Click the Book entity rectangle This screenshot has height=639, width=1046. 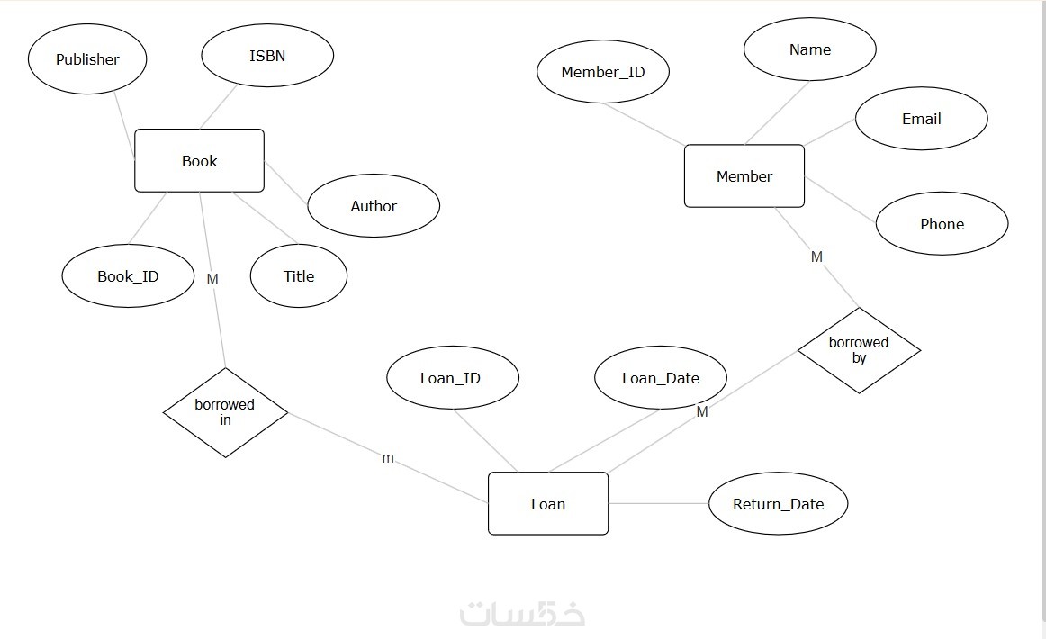(x=199, y=161)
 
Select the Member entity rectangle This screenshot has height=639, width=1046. (x=744, y=176)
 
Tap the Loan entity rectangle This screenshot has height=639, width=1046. (x=547, y=504)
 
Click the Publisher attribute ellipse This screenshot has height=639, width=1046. (x=87, y=59)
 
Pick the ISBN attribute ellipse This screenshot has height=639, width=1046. (x=267, y=56)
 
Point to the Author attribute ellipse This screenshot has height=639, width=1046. (x=374, y=206)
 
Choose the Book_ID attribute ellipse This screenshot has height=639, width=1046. (x=128, y=276)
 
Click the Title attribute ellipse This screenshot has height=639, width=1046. (x=299, y=276)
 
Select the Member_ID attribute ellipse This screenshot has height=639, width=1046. (x=603, y=72)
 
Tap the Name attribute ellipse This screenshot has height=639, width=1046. (x=810, y=49)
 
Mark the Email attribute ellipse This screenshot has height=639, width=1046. (x=922, y=119)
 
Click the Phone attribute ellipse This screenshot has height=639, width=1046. (x=942, y=224)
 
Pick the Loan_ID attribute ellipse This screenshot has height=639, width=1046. (x=453, y=378)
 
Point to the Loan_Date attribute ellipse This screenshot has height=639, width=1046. (x=661, y=378)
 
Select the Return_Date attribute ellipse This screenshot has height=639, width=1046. (x=779, y=504)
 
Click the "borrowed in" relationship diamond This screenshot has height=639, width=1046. (x=225, y=412)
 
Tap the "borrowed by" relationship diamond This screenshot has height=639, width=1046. (x=859, y=350)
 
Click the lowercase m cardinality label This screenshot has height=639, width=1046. (x=388, y=458)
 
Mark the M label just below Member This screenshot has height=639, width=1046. (x=816, y=257)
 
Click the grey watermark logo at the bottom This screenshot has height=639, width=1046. (x=523, y=613)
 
